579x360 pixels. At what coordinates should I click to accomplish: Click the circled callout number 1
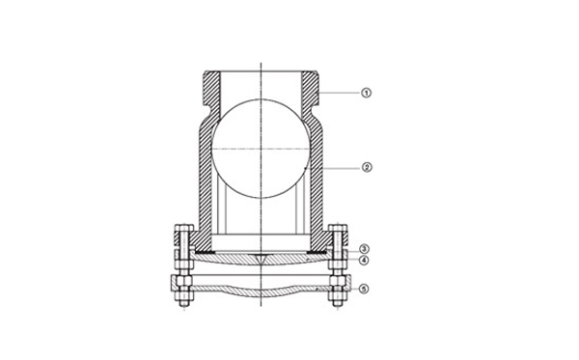pos(366,93)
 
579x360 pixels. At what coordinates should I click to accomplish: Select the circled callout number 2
pos(367,168)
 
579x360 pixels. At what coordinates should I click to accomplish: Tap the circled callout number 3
pos(365,249)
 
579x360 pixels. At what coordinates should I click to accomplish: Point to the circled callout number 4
pos(365,260)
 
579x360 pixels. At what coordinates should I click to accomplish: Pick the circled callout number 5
pos(364,289)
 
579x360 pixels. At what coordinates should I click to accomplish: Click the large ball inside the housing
pos(262,149)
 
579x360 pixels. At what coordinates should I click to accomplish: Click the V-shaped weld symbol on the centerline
pos(262,259)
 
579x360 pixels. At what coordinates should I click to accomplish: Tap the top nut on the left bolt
pos(183,228)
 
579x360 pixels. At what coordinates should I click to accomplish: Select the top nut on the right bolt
pos(338,228)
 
